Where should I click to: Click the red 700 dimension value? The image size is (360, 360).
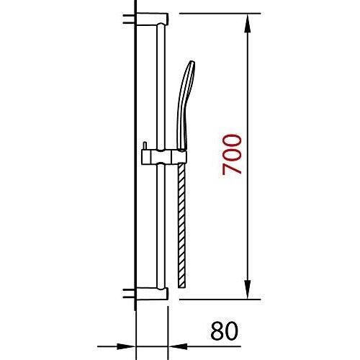[232, 155]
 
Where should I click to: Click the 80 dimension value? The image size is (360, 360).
[224, 330]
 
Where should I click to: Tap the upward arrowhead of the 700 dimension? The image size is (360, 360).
[248, 23]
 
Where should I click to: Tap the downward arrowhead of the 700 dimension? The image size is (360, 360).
[248, 290]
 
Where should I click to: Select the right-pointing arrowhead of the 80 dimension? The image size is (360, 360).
[125, 346]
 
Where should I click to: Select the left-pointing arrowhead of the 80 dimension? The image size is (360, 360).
[178, 346]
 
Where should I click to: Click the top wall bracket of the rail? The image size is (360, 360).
[152, 19]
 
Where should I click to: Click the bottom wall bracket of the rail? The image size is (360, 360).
[152, 293]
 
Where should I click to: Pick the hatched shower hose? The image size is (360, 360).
[181, 225]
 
